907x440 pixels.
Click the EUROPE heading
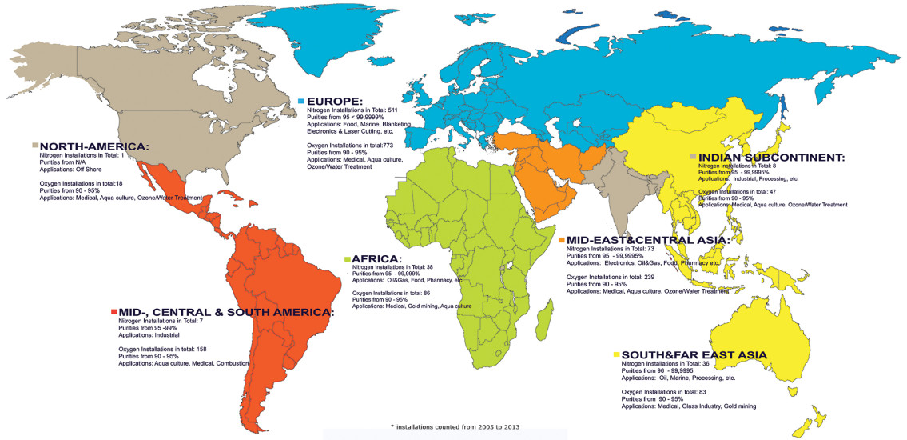click(x=335, y=102)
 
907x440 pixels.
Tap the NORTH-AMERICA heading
click(x=94, y=147)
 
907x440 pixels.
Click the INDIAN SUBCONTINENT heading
click(x=770, y=158)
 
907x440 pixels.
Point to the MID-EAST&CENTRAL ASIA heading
click(x=647, y=240)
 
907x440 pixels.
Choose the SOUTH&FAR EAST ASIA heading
click(x=694, y=354)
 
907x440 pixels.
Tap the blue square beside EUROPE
click(x=301, y=102)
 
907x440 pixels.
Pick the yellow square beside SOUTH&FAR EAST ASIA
click(x=616, y=354)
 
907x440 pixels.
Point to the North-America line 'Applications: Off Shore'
click(x=77, y=169)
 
